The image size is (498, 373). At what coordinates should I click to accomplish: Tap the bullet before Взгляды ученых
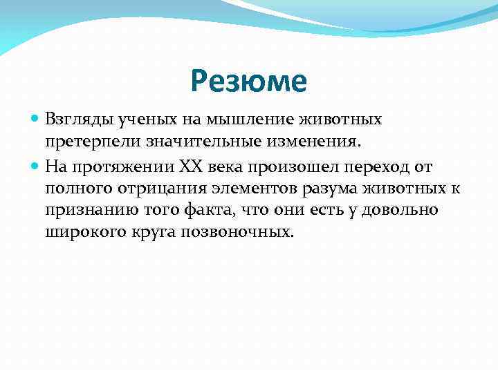(x=36, y=120)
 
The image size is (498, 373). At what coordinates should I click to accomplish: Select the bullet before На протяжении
(x=36, y=166)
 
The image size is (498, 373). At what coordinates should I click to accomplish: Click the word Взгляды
(x=73, y=120)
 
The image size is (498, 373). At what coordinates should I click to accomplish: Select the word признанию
(x=84, y=210)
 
